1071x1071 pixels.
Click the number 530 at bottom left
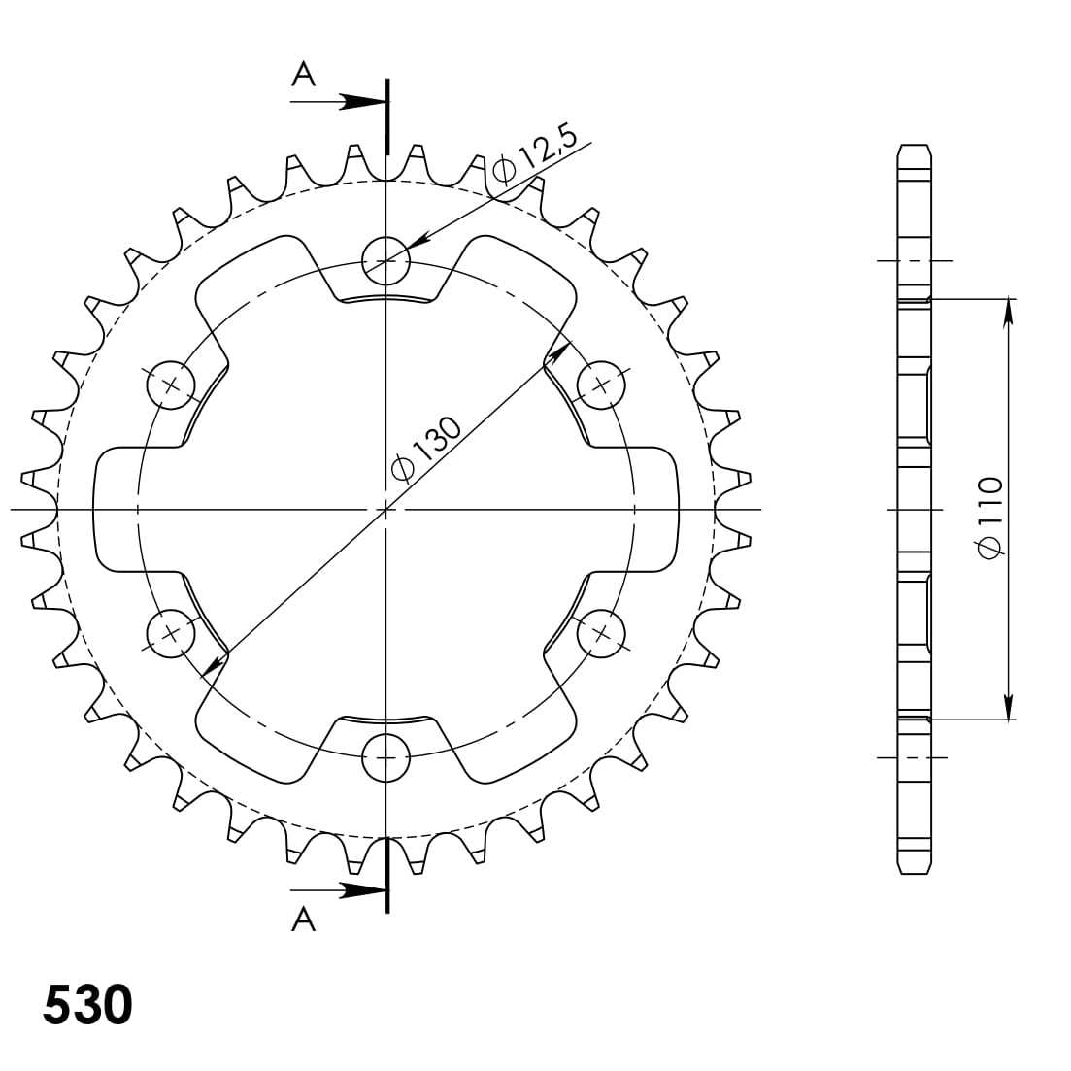[x=87, y=1005]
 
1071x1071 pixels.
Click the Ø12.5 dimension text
[x=535, y=155]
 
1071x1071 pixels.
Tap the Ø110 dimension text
[x=989, y=517]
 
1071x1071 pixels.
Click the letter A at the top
[x=304, y=75]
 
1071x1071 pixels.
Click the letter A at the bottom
[x=304, y=919]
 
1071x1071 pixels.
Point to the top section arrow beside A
[x=361, y=101]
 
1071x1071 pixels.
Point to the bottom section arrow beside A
[x=361, y=888]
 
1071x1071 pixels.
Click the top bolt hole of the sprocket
[x=386, y=260]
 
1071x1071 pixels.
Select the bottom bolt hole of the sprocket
[x=386, y=757]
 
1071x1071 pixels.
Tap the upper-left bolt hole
[x=171, y=385]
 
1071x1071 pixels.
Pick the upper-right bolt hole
[x=602, y=385]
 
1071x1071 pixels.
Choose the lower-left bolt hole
[x=171, y=633]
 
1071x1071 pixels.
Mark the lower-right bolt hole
[x=602, y=633]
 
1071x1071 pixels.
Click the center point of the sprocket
[x=386, y=509]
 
